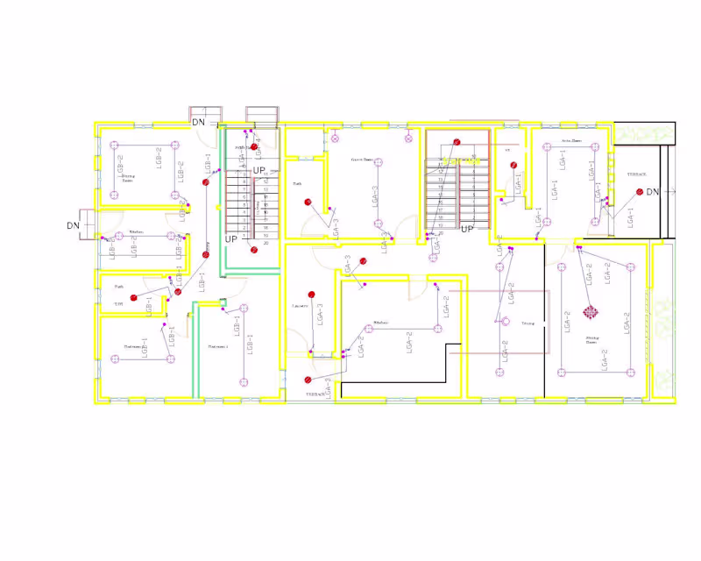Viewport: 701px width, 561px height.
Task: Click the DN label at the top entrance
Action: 199,123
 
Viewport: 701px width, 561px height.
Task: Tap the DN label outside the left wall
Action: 74,225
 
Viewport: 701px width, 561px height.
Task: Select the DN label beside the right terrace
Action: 653,192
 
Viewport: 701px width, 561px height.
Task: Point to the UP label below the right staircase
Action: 467,230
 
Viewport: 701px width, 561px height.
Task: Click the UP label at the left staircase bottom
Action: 231,238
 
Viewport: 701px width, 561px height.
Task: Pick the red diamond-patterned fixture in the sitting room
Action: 591,311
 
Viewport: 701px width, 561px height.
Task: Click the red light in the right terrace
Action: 641,192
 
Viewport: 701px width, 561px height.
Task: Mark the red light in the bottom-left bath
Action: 134,298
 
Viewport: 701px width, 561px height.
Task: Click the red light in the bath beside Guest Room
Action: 308,202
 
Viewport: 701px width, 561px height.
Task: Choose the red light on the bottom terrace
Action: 308,380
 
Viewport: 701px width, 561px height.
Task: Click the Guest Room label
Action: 362,160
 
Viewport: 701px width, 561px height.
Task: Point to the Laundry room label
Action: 298,305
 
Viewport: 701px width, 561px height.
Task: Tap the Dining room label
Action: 528,323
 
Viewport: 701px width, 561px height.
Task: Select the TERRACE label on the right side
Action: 636,174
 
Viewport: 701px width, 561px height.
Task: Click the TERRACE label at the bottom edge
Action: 315,394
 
